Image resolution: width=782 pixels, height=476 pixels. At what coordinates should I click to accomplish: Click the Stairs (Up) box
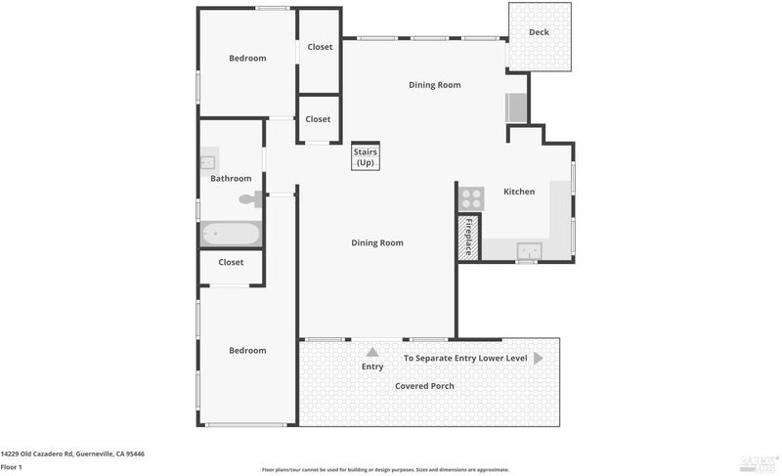click(x=366, y=156)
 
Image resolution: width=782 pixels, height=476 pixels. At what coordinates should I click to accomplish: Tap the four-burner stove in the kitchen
click(x=471, y=198)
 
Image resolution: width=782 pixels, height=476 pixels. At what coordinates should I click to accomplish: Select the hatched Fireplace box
click(x=468, y=237)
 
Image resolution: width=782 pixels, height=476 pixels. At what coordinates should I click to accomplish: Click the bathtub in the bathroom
click(x=231, y=234)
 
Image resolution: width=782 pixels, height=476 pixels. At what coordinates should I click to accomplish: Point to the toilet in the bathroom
click(x=251, y=199)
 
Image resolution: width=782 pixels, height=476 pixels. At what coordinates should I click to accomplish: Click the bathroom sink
click(x=209, y=161)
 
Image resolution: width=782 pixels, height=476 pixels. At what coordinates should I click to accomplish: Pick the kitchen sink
click(x=529, y=251)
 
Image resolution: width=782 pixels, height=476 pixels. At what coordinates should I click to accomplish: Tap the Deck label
click(x=539, y=32)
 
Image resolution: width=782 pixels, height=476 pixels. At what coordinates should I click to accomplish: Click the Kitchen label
click(x=519, y=192)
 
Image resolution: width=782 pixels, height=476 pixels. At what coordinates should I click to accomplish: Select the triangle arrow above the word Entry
click(x=372, y=353)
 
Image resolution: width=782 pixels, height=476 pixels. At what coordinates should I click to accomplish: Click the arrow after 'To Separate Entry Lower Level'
click(x=539, y=358)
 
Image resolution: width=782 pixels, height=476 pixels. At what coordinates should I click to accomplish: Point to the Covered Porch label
click(x=424, y=386)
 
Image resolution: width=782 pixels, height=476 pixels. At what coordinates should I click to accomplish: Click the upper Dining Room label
click(x=435, y=85)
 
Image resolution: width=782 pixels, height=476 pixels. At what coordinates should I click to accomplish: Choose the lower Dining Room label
click(x=377, y=243)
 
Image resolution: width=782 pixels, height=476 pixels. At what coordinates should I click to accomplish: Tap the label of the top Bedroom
click(x=247, y=59)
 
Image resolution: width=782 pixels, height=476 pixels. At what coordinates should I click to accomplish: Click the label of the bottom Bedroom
click(x=247, y=351)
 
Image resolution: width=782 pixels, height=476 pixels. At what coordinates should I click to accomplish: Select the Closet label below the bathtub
click(x=231, y=262)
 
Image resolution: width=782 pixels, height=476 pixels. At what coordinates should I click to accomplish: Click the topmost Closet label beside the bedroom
click(x=320, y=47)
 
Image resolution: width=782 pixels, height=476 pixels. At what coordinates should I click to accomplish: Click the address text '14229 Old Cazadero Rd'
click(x=37, y=454)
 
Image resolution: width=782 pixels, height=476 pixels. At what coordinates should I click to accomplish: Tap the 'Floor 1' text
click(x=11, y=467)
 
